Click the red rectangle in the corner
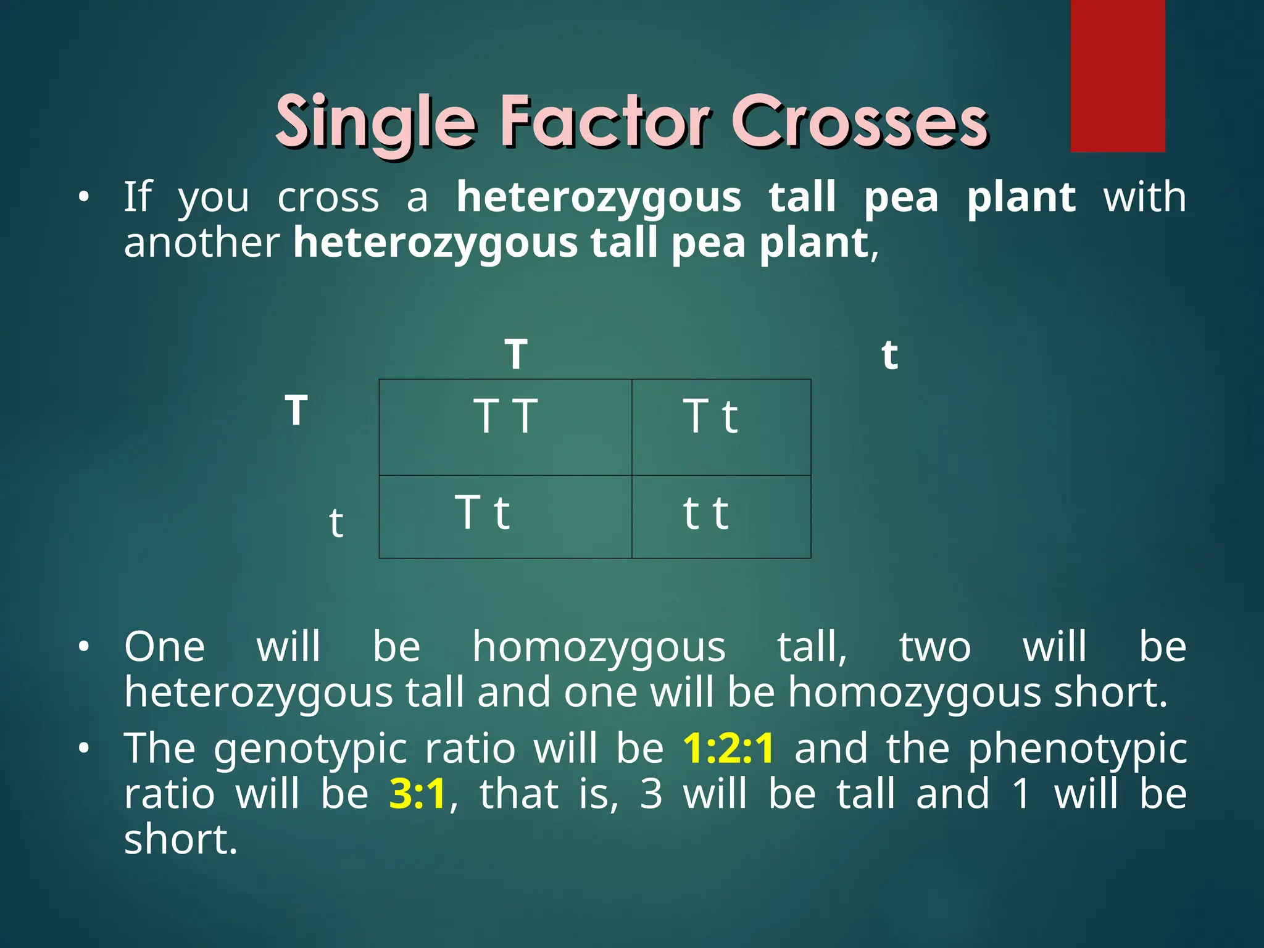click(x=1117, y=75)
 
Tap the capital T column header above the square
click(x=516, y=354)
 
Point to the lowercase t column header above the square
click(x=889, y=354)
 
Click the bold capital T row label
click(x=296, y=410)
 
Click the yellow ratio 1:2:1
click(x=728, y=748)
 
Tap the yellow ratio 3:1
click(x=417, y=794)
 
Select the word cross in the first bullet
click(x=328, y=199)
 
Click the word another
click(x=202, y=243)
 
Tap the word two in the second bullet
click(x=934, y=647)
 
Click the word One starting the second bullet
click(x=164, y=647)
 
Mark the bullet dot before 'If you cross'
click(x=84, y=198)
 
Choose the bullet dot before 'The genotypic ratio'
click(x=84, y=749)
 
